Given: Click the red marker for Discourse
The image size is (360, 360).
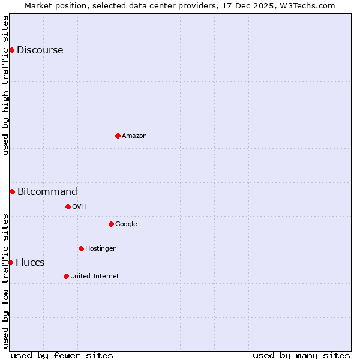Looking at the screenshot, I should point(11,50).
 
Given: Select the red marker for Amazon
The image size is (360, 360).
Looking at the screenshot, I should point(118,136).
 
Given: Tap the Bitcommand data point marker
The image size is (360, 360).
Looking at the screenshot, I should point(12,191).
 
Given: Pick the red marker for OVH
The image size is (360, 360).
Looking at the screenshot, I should point(68,206).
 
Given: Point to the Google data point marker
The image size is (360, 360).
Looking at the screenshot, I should point(111,224).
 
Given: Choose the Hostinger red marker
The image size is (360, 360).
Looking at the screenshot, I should point(81,248).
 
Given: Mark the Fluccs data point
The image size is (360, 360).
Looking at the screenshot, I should point(10,262).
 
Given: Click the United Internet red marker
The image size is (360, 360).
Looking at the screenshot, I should point(66,276).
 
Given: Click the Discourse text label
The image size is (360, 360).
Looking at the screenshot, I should point(40,50).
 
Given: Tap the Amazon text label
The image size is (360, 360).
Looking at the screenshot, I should point(134,136).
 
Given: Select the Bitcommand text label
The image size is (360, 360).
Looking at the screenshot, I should point(47,192).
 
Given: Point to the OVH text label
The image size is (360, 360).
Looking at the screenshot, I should point(79,207).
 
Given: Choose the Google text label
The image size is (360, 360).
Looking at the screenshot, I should point(126,224).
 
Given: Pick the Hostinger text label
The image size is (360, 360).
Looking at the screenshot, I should point(100,249).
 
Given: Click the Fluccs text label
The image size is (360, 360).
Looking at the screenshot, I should point(30,263).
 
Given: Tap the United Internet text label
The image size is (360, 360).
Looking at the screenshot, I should point(94,277).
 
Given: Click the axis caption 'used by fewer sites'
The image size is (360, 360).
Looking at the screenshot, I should point(62,355).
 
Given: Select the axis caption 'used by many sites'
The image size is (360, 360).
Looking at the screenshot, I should point(301,355).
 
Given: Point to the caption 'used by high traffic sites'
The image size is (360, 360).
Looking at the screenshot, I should point(6,85).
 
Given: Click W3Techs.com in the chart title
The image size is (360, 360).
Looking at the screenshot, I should point(305,5).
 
